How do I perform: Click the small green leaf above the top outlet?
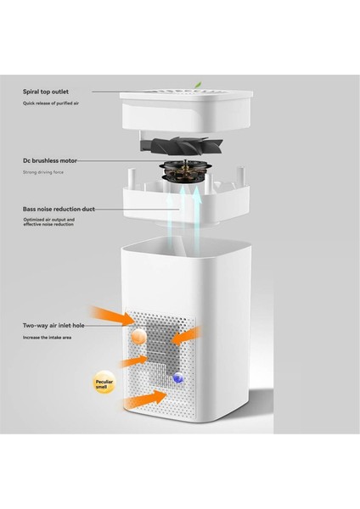(199, 84)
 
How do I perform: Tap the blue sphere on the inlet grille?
(177, 378)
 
